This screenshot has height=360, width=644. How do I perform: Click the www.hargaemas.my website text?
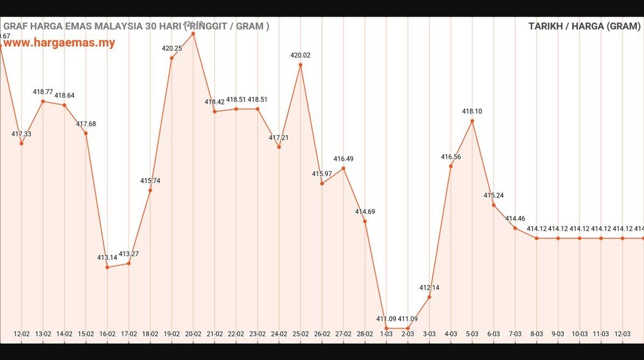(59, 43)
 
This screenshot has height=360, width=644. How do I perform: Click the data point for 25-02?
(300, 65)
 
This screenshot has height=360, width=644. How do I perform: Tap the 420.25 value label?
(171, 48)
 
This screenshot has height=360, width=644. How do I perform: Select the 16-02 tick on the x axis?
(107, 334)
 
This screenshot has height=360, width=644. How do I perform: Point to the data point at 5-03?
(472, 121)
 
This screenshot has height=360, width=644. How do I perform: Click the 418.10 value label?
(472, 111)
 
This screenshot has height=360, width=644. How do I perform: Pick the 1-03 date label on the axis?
(386, 334)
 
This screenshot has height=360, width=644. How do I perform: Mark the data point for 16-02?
(108, 267)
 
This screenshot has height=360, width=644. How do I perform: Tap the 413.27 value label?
(129, 254)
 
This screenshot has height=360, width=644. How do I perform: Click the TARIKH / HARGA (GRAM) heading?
(584, 26)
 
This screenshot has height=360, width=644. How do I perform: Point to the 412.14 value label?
(429, 287)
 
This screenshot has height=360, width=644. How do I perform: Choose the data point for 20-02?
(193, 33)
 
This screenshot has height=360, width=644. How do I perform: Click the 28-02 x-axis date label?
(364, 334)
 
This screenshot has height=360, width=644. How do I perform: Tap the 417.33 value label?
(22, 134)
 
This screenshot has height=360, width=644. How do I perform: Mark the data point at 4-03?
(450, 166)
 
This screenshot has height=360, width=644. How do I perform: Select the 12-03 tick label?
(622, 334)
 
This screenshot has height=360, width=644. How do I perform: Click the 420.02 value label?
(300, 55)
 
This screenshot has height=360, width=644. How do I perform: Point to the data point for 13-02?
(43, 101)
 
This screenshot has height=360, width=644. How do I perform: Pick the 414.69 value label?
(365, 212)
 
